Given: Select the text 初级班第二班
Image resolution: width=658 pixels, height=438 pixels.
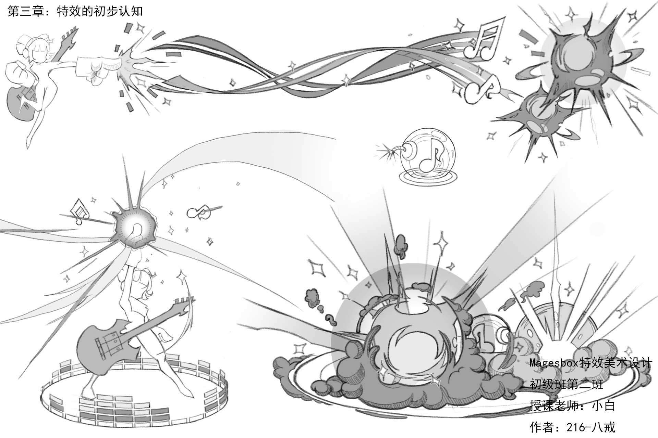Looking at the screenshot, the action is coord(566,384).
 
